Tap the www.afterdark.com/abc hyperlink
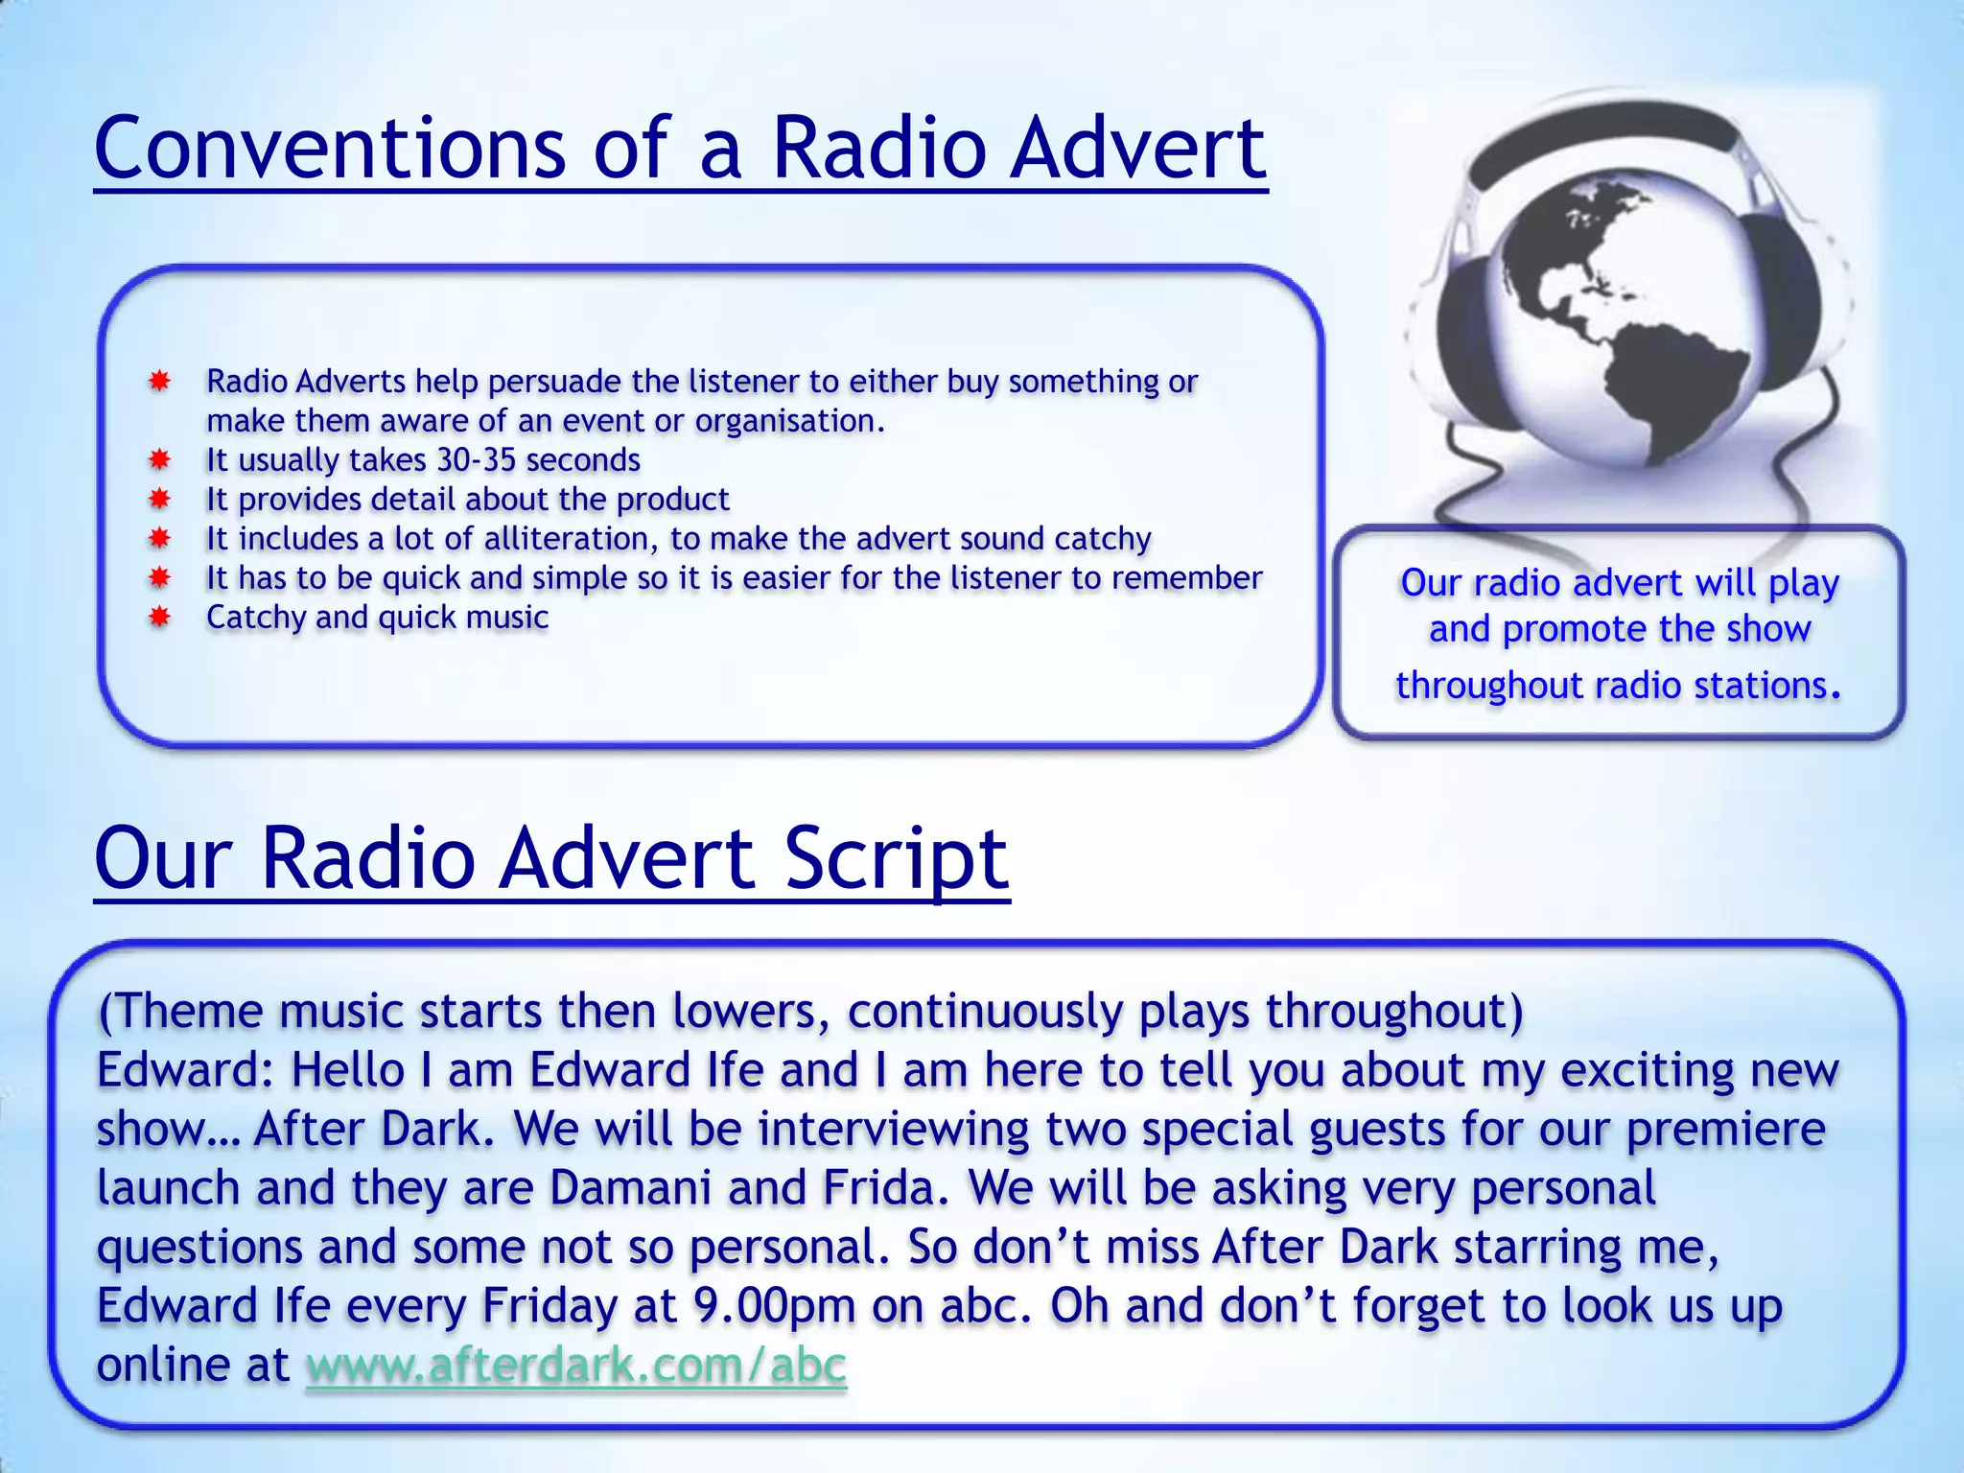click(x=575, y=1365)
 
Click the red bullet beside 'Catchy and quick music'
click(x=160, y=618)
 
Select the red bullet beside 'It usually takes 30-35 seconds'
click(x=160, y=460)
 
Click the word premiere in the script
click(x=1725, y=1130)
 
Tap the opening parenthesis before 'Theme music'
click(x=105, y=1012)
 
